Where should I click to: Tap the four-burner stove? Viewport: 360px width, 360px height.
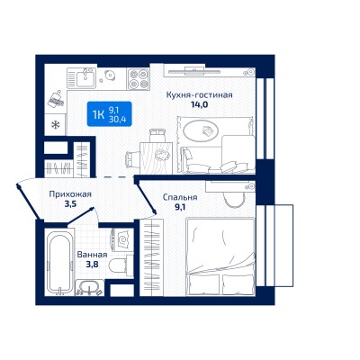click(139, 78)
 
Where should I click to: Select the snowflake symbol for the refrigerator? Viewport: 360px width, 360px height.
click(55, 124)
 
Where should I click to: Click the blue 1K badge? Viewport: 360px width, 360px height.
click(109, 114)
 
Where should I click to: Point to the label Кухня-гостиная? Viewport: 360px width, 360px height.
click(200, 95)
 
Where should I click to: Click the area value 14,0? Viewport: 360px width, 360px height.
click(200, 104)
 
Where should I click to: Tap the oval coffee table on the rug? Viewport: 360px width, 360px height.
click(202, 130)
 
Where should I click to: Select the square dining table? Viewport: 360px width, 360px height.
click(156, 157)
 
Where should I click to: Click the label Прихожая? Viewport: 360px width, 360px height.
click(70, 194)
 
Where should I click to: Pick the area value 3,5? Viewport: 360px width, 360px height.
click(71, 204)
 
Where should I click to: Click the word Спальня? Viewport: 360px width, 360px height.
click(180, 197)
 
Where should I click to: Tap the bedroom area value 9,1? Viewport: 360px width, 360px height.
click(180, 207)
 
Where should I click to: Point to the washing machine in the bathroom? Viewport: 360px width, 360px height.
click(122, 239)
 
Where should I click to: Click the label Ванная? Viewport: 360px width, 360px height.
click(92, 255)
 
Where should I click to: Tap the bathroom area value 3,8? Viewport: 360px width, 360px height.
click(92, 265)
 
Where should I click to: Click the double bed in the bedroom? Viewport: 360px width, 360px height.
click(220, 256)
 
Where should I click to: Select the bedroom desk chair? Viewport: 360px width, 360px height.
click(235, 198)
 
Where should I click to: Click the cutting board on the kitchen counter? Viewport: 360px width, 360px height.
click(56, 99)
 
